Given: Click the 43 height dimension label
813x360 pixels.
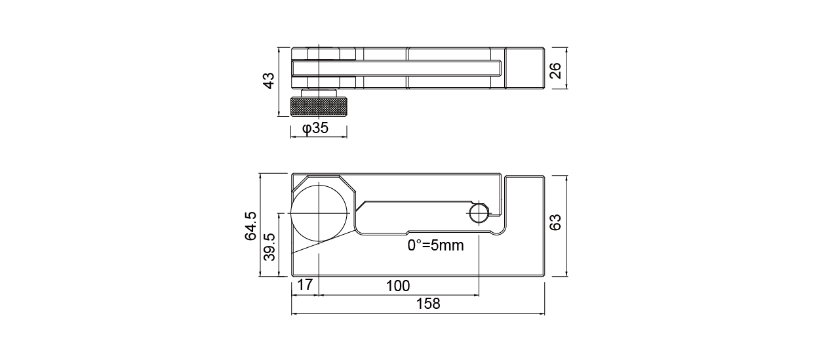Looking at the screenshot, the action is tap(269, 81).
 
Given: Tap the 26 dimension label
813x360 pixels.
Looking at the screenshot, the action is tap(555, 70).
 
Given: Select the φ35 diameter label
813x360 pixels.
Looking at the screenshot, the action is tap(315, 128).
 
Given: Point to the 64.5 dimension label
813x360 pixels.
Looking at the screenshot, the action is tap(250, 226).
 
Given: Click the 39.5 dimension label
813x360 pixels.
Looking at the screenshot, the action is tap(269, 247).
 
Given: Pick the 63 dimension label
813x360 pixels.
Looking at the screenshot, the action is tap(555, 222).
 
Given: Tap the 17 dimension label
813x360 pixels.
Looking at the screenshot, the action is tap(305, 285).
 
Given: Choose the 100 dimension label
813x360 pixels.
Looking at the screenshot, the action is tap(398, 286).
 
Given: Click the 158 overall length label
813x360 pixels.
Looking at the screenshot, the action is tap(428, 304).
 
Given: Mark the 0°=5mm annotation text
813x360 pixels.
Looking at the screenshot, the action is tap(435, 245).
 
